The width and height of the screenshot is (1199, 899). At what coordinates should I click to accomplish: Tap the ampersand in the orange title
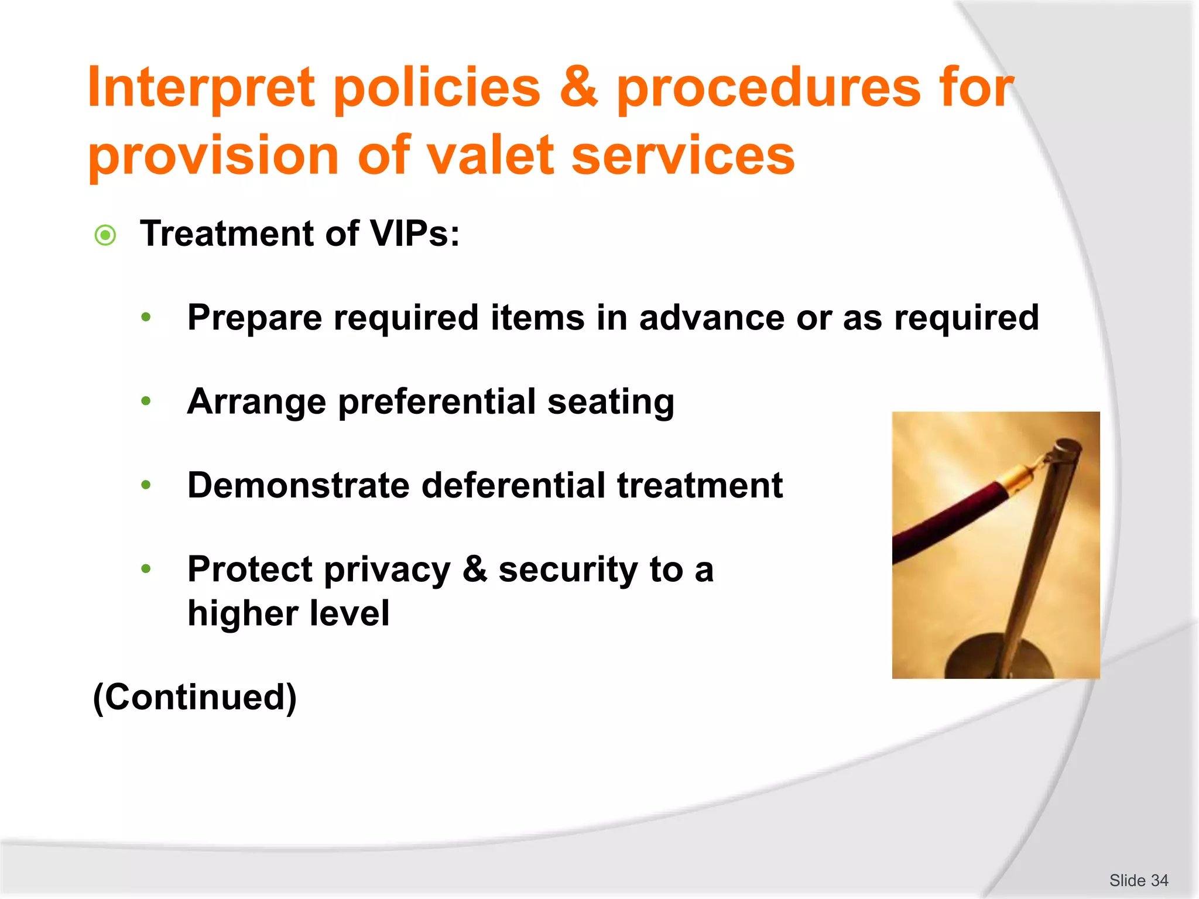pos(578,88)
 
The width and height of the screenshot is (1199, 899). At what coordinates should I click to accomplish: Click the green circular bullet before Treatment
pos(105,235)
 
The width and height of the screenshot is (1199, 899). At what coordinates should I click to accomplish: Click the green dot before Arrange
pos(146,402)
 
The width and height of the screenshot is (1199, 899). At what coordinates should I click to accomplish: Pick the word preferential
pos(437,402)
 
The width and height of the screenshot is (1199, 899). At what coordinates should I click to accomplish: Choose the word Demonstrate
pos(298,485)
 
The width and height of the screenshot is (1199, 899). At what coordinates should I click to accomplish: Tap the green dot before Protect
pos(146,568)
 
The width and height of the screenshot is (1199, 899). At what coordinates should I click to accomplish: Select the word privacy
pos(387,569)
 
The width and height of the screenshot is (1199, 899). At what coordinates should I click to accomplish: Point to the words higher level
pos(288,613)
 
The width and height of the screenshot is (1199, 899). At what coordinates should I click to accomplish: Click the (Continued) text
pos(195,697)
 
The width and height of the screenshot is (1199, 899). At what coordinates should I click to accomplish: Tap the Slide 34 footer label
pos(1138,880)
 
